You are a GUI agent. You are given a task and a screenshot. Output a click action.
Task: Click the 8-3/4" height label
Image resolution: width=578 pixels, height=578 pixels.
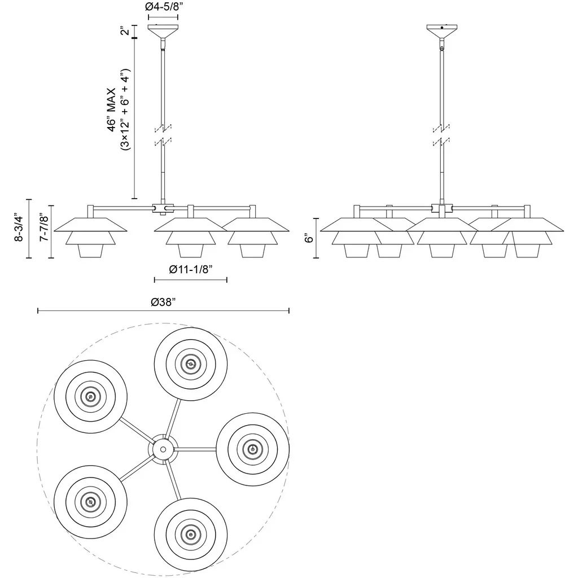coord(19,228)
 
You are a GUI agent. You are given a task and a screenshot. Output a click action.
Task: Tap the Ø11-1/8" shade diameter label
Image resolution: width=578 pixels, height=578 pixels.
coord(191,269)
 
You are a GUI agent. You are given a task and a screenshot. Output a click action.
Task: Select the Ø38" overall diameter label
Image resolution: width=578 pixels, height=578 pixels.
coord(164,301)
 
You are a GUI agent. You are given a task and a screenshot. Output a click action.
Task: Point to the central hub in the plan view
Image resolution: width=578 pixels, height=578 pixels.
coord(163,449)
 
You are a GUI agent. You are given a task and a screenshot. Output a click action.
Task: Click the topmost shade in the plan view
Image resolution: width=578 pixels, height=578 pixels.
coord(191,364)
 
